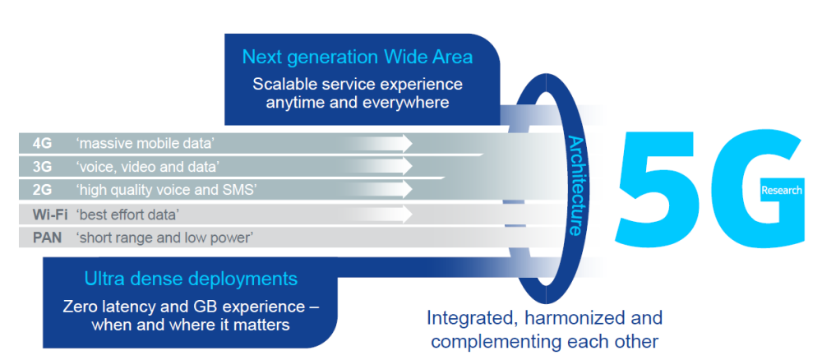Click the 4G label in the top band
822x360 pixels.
(42, 143)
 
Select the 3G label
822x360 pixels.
(42, 167)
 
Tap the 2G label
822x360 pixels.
(42, 191)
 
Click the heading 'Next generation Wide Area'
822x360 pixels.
(357, 57)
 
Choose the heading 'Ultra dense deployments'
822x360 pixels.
(191, 278)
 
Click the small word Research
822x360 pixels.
(781, 191)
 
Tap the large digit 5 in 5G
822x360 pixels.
(657, 188)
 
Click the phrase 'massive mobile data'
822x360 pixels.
(145, 143)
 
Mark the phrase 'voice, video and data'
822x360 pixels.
(147, 167)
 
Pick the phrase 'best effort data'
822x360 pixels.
(127, 215)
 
